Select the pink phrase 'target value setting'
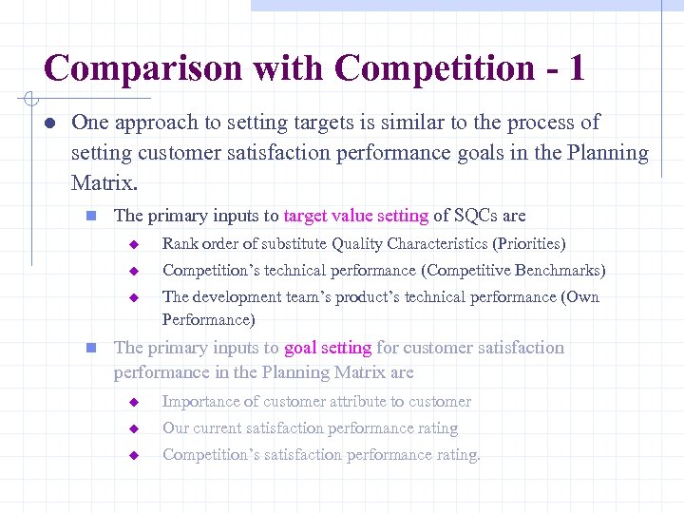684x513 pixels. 356,216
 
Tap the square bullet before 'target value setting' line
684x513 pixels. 91,217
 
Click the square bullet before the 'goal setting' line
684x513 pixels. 91,349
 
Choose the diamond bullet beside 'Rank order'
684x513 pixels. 135,245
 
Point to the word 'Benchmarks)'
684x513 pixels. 560,271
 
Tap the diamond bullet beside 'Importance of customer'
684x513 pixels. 135,403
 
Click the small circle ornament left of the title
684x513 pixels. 29,98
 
